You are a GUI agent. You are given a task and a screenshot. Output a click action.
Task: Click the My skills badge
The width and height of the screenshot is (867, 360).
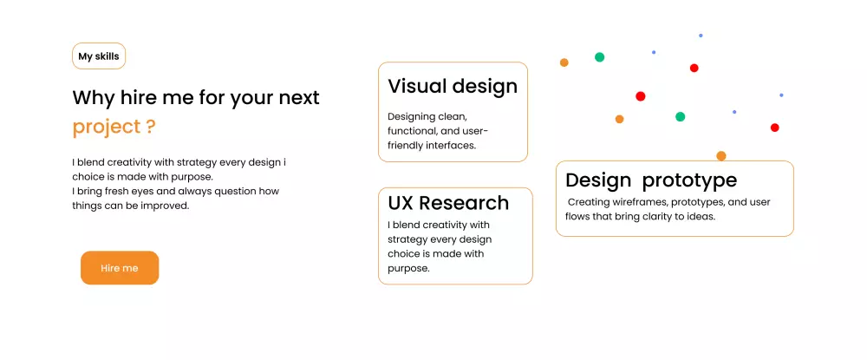pos(99,56)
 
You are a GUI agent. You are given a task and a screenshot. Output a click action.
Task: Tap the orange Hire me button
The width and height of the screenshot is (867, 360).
pos(120,268)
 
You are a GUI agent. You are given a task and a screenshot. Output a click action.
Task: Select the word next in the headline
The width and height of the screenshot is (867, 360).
pos(298,98)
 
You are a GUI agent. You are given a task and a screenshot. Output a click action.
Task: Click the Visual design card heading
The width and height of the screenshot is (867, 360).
pos(453,86)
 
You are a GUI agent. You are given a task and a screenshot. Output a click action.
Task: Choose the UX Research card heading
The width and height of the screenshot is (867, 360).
pos(448,203)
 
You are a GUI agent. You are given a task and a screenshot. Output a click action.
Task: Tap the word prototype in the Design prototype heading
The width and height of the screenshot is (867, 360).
pos(690,180)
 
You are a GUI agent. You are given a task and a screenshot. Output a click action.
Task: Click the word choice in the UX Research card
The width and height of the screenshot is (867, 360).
pos(404,254)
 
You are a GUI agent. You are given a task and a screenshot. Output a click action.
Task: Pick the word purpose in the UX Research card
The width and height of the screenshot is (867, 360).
pos(408,269)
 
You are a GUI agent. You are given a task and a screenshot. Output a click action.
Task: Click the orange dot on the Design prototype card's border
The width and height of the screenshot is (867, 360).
pos(721,156)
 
